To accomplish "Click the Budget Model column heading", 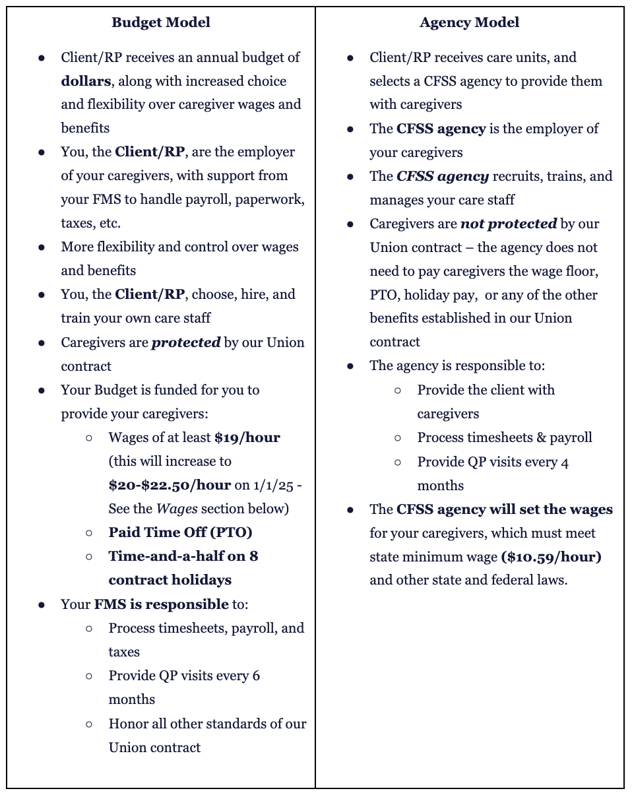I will [x=161, y=22].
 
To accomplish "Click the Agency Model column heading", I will [x=469, y=22].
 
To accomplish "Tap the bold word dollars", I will [x=86, y=81].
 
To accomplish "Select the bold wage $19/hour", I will [x=247, y=437].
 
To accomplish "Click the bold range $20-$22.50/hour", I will [x=170, y=485].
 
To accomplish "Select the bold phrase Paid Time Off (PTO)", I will [x=180, y=532].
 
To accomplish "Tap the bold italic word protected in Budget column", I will [x=186, y=343].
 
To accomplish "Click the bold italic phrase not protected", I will [x=508, y=224].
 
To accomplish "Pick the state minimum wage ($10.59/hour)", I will [x=552, y=557].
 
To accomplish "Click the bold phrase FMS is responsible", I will [x=161, y=604].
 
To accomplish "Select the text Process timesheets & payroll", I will [x=504, y=437].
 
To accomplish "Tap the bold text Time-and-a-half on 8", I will [x=183, y=556].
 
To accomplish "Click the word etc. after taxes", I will [x=108, y=223].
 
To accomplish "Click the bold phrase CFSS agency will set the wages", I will [x=504, y=509].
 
